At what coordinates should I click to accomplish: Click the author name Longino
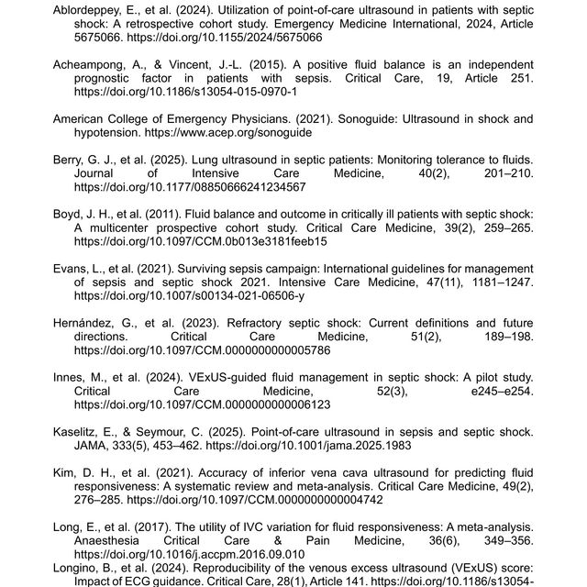[x=80, y=568]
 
